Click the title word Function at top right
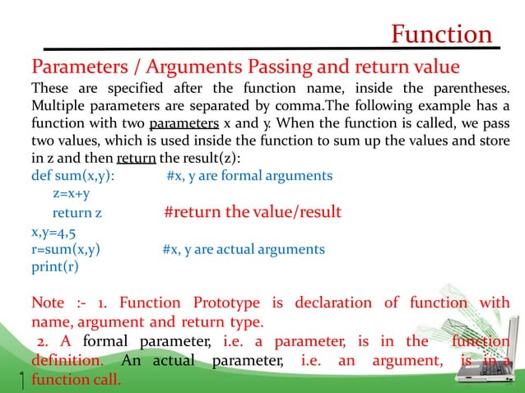point(441,35)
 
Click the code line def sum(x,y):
point(73,175)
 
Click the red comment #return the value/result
point(253,212)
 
